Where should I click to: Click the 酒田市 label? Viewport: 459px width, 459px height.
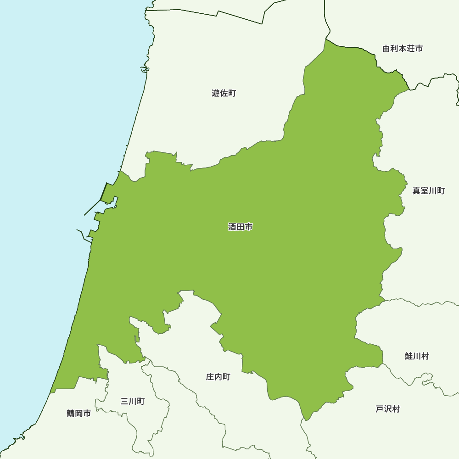(240, 227)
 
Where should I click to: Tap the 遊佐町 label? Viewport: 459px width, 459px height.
(224, 93)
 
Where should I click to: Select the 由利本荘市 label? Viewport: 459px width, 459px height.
(403, 48)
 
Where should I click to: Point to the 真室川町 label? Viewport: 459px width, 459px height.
(428, 190)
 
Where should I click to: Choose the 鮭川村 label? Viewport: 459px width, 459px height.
(417, 356)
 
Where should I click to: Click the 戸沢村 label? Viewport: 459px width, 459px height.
(388, 409)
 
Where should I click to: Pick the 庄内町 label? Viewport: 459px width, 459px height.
(218, 377)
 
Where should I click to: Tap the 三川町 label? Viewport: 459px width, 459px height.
(133, 401)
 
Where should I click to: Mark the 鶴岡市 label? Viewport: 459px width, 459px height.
(78, 414)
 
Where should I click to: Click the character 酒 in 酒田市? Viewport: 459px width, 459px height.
(232, 227)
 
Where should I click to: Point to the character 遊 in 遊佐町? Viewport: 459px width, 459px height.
(216, 93)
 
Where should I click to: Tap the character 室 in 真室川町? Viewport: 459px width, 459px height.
(425, 190)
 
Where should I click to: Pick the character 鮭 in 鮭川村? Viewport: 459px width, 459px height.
(409, 356)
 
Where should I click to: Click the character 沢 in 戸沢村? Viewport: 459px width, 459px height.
(388, 409)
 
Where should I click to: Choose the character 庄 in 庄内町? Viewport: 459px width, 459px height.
(210, 377)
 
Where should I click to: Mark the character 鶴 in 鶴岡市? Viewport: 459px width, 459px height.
(71, 414)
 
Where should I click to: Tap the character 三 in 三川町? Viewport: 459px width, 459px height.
(124, 401)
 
